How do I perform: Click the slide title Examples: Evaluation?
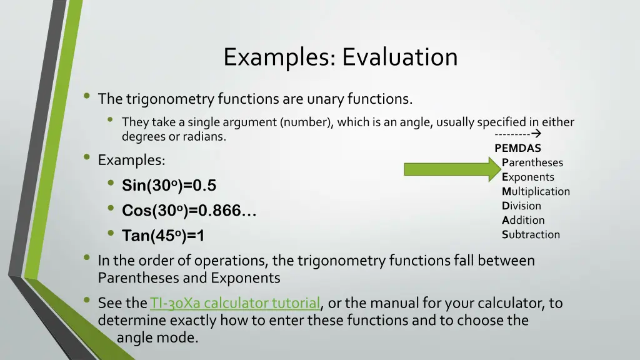click(341, 57)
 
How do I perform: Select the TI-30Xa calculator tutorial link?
click(234, 304)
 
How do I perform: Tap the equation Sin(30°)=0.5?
click(169, 186)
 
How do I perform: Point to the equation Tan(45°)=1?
click(163, 236)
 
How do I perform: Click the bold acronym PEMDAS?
click(517, 148)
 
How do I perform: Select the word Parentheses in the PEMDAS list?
click(532, 162)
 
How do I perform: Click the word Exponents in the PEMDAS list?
click(527, 177)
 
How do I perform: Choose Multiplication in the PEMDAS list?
click(536, 191)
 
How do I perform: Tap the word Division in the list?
click(521, 206)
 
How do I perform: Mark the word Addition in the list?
click(523, 220)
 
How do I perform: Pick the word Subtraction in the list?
click(531, 234)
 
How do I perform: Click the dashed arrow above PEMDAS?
click(517, 134)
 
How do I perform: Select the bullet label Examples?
click(131, 160)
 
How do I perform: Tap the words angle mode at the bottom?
click(157, 338)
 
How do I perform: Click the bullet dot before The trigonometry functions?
click(86, 97)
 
